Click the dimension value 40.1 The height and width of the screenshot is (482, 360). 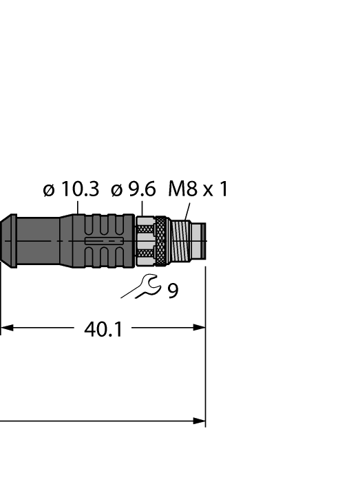[x=103, y=330]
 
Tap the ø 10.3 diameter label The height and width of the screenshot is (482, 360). [x=71, y=189]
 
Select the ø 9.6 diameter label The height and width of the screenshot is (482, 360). [x=134, y=189]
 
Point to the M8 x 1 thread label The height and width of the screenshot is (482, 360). [x=198, y=189]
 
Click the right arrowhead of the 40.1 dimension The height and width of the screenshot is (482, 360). [x=200, y=328]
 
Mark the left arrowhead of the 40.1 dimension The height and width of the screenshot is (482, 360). [x=6, y=328]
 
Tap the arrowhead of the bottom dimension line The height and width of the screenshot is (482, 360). [x=200, y=421]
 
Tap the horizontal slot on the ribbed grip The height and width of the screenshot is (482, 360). [x=104, y=241]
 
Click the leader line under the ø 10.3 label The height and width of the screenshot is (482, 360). [x=78, y=207]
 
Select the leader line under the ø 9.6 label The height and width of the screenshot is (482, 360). [x=142, y=208]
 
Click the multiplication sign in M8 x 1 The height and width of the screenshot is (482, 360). [x=207, y=191]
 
